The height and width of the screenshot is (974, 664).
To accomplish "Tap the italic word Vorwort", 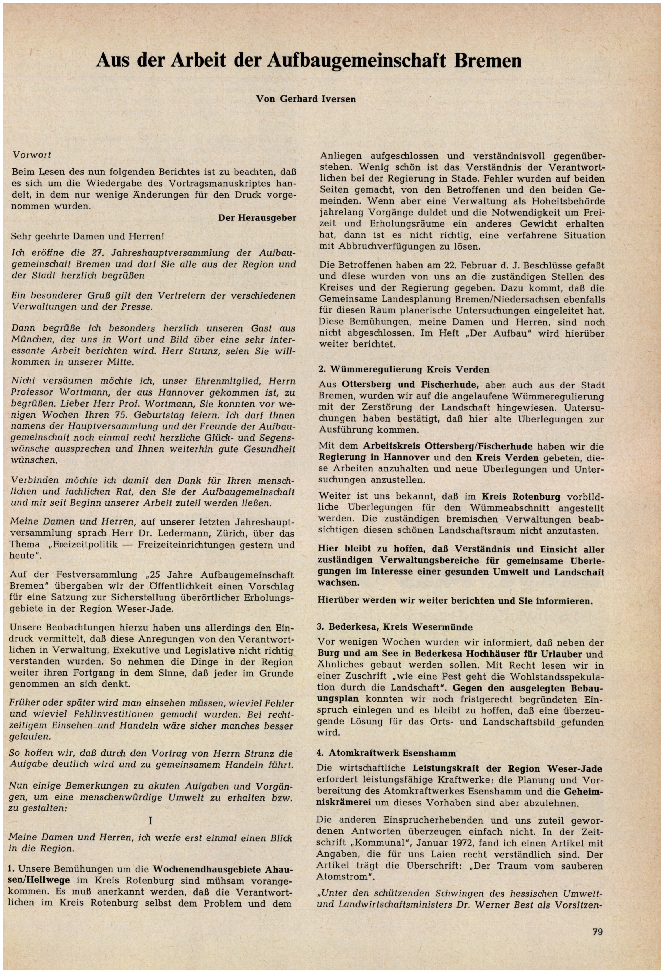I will (x=32, y=155).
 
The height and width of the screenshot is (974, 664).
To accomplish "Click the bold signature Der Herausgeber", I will (x=257, y=218).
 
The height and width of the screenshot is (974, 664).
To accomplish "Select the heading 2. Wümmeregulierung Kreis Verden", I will (x=404, y=369).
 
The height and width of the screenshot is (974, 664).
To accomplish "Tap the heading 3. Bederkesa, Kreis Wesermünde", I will (x=395, y=627).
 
